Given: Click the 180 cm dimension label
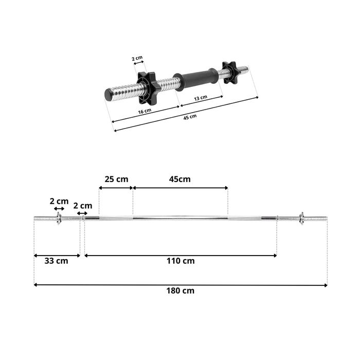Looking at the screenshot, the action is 180,291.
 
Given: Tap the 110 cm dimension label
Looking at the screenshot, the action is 181,261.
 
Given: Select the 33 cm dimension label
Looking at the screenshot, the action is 56,261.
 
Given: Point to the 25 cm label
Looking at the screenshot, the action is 116,179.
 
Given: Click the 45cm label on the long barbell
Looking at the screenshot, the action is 180,179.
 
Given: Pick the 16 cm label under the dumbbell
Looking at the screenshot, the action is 145,112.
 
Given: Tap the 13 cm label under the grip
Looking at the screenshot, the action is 201,98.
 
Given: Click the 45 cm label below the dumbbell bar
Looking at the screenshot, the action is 190,117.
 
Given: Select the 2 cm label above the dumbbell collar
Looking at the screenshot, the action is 137,58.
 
